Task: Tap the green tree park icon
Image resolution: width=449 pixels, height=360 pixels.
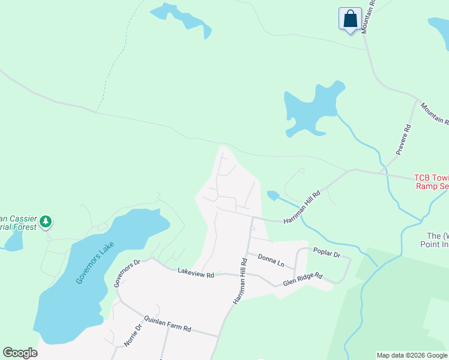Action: (x=46, y=223)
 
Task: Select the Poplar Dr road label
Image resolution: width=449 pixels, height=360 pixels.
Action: (x=327, y=254)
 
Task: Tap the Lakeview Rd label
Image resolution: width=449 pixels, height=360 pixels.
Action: (x=196, y=274)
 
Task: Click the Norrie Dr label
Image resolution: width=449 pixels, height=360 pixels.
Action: (x=132, y=337)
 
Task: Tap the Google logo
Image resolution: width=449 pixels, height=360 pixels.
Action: (x=20, y=353)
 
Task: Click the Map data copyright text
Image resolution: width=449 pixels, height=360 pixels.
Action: (x=412, y=355)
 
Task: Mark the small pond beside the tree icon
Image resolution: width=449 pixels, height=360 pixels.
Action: (x=13, y=241)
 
